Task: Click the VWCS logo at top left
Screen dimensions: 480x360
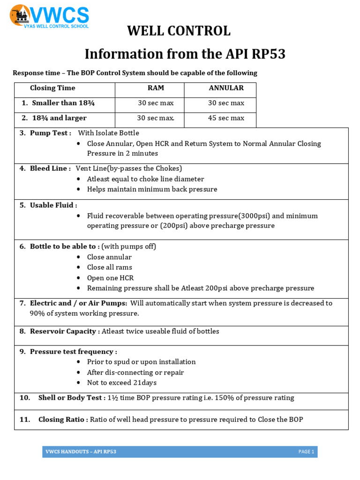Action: pyautogui.click(x=49, y=17)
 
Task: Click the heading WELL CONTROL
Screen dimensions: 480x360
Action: pyautogui.click(x=179, y=31)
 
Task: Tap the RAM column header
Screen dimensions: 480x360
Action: pyautogui.click(x=156, y=88)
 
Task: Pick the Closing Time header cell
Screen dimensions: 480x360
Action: pyautogui.click(x=52, y=88)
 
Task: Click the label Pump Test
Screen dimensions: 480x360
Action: pyautogui.click(x=50, y=133)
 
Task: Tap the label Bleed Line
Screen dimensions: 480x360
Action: pyautogui.click(x=50, y=168)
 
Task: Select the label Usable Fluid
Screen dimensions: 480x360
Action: pyautogui.click(x=53, y=205)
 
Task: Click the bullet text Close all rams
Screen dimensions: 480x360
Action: pyautogui.click(x=109, y=267)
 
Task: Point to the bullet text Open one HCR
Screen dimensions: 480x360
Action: pyautogui.click(x=110, y=278)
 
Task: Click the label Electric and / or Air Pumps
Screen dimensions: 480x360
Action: pyautogui.click(x=78, y=303)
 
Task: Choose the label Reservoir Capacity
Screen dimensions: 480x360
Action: pyautogui.click(x=64, y=331)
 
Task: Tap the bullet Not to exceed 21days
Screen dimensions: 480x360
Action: pyautogui.click(x=121, y=382)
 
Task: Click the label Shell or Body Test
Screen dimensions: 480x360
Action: pyautogui.click(x=72, y=398)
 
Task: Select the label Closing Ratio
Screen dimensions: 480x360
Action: pyautogui.click(x=63, y=420)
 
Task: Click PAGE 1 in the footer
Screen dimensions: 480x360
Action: pyautogui.click(x=306, y=452)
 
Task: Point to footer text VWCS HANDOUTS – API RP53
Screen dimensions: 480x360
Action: pyautogui.click(x=81, y=452)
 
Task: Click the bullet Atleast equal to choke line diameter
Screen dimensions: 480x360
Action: pyautogui.click(x=145, y=179)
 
